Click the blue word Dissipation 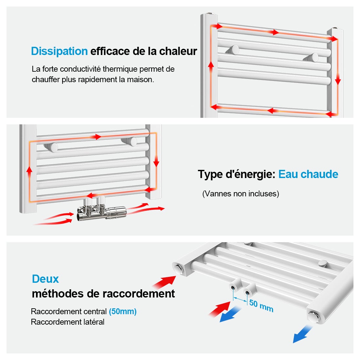pos(59,51)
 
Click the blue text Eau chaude pos(308,174)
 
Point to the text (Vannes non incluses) pos(241,194)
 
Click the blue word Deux pos(45,279)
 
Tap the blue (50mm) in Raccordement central pos(123,312)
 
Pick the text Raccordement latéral pos(67,322)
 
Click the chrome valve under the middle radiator pos(101,212)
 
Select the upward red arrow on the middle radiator pos(29,171)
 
